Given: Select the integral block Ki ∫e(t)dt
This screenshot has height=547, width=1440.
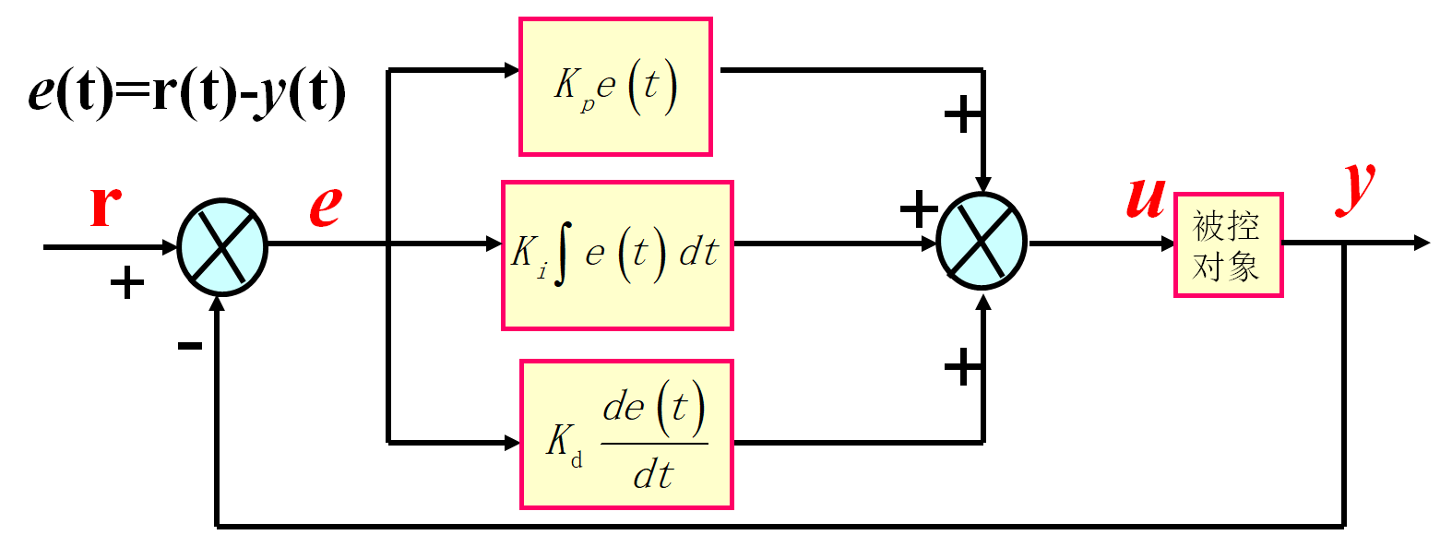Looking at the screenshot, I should pos(616,255).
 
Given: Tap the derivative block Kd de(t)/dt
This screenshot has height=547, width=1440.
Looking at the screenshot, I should pos(626,434).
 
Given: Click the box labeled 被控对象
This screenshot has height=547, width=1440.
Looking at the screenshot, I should pos(1227,244).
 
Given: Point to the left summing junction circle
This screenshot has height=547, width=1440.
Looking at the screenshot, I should pos(221,247).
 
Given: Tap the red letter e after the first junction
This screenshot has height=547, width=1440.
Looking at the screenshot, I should pos(324,206).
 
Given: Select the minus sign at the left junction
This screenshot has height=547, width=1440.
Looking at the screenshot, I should pos(190,346).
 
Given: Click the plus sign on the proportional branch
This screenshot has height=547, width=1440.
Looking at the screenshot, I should pos(962,116).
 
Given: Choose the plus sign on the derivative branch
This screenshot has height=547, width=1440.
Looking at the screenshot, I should pos(962,369).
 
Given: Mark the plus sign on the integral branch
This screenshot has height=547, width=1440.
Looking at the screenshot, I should pos(918,210).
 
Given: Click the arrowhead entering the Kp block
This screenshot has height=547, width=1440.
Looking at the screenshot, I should pos(512,70).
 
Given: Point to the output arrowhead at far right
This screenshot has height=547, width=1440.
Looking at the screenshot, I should pos(1421,244).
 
